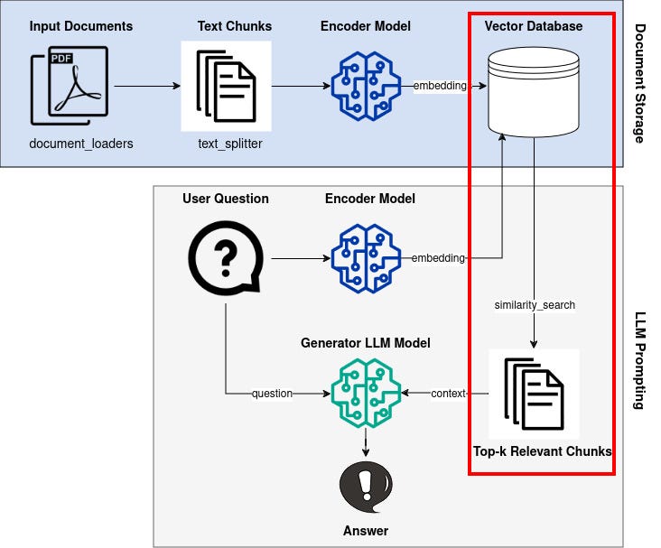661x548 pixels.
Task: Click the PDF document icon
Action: [x=70, y=86]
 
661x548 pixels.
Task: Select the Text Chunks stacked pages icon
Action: [x=226, y=86]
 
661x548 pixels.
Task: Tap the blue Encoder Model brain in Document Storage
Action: [x=366, y=86]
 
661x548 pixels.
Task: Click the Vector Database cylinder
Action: [x=534, y=92]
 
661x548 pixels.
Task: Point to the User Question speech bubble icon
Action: [x=226, y=258]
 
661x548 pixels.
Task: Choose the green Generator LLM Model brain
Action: [x=366, y=393]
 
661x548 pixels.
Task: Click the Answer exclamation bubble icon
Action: [x=366, y=488]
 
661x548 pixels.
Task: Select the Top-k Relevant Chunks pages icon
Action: [x=534, y=394]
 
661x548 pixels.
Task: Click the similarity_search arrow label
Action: [x=535, y=305]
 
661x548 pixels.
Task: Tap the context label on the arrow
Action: [x=448, y=394]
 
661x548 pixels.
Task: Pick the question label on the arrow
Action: [x=272, y=394]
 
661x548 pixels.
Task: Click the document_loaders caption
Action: [x=81, y=144]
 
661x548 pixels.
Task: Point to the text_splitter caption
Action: [x=230, y=144]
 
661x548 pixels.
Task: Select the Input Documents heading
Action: [x=81, y=26]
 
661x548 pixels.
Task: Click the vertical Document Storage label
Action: [x=640, y=83]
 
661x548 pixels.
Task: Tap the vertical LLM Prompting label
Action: [x=640, y=360]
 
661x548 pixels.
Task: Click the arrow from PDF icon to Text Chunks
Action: [x=147, y=86]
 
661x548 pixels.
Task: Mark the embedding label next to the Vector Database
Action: [x=440, y=86]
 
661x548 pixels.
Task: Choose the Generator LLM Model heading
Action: [x=366, y=343]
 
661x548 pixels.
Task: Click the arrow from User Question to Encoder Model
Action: [x=301, y=258]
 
